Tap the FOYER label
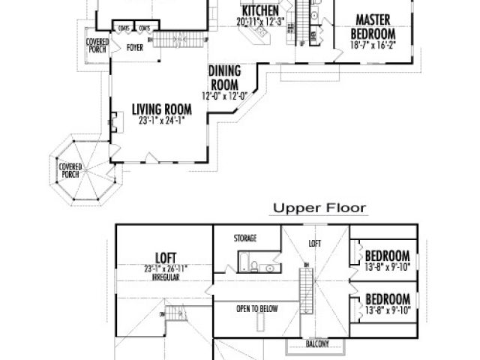point(135,46)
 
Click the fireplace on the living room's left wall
point(112,121)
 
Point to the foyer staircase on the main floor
point(181,37)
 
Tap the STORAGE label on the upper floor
point(245,238)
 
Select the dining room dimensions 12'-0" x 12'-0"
point(224,95)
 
